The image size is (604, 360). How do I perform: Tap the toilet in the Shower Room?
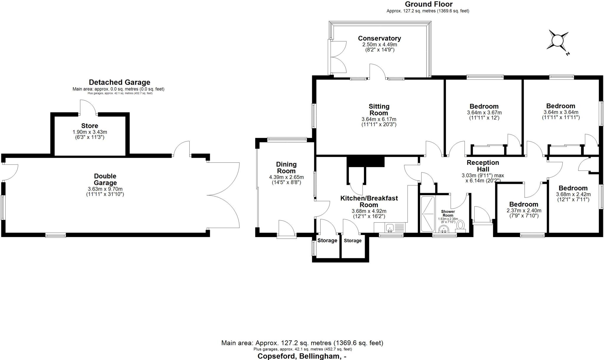460,226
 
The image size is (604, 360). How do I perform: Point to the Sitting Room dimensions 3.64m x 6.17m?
379,119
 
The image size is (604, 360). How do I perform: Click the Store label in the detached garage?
90,126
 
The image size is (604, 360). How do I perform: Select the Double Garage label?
105,179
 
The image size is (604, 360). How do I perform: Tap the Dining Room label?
286,167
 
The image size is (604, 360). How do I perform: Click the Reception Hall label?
483,166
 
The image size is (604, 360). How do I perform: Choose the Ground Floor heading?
429,4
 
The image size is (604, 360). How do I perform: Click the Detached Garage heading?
119,82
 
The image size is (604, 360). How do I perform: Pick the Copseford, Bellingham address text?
302,356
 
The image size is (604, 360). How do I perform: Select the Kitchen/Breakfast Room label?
369,201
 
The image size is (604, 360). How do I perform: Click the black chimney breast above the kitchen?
366,162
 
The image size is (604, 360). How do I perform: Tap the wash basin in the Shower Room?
444,229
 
